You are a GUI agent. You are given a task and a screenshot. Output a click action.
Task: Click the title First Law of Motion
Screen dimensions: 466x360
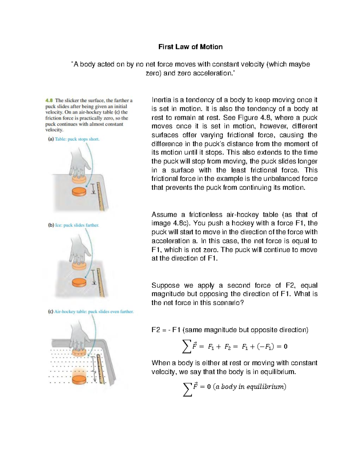point(190,47)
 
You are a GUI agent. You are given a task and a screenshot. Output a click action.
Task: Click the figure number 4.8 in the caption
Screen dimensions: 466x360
point(49,101)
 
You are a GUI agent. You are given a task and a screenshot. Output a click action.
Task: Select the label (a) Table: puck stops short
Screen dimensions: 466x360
point(74,139)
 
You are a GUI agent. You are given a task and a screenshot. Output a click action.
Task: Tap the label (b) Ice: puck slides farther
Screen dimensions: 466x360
point(73,225)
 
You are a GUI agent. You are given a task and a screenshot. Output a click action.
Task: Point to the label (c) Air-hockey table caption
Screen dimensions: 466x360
point(91,312)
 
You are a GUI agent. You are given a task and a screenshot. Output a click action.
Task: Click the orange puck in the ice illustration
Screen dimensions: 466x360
point(79,282)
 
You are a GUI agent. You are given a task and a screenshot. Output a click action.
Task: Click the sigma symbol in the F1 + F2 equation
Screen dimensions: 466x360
point(186,347)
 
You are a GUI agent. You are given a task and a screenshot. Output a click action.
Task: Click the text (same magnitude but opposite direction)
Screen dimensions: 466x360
point(245,330)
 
